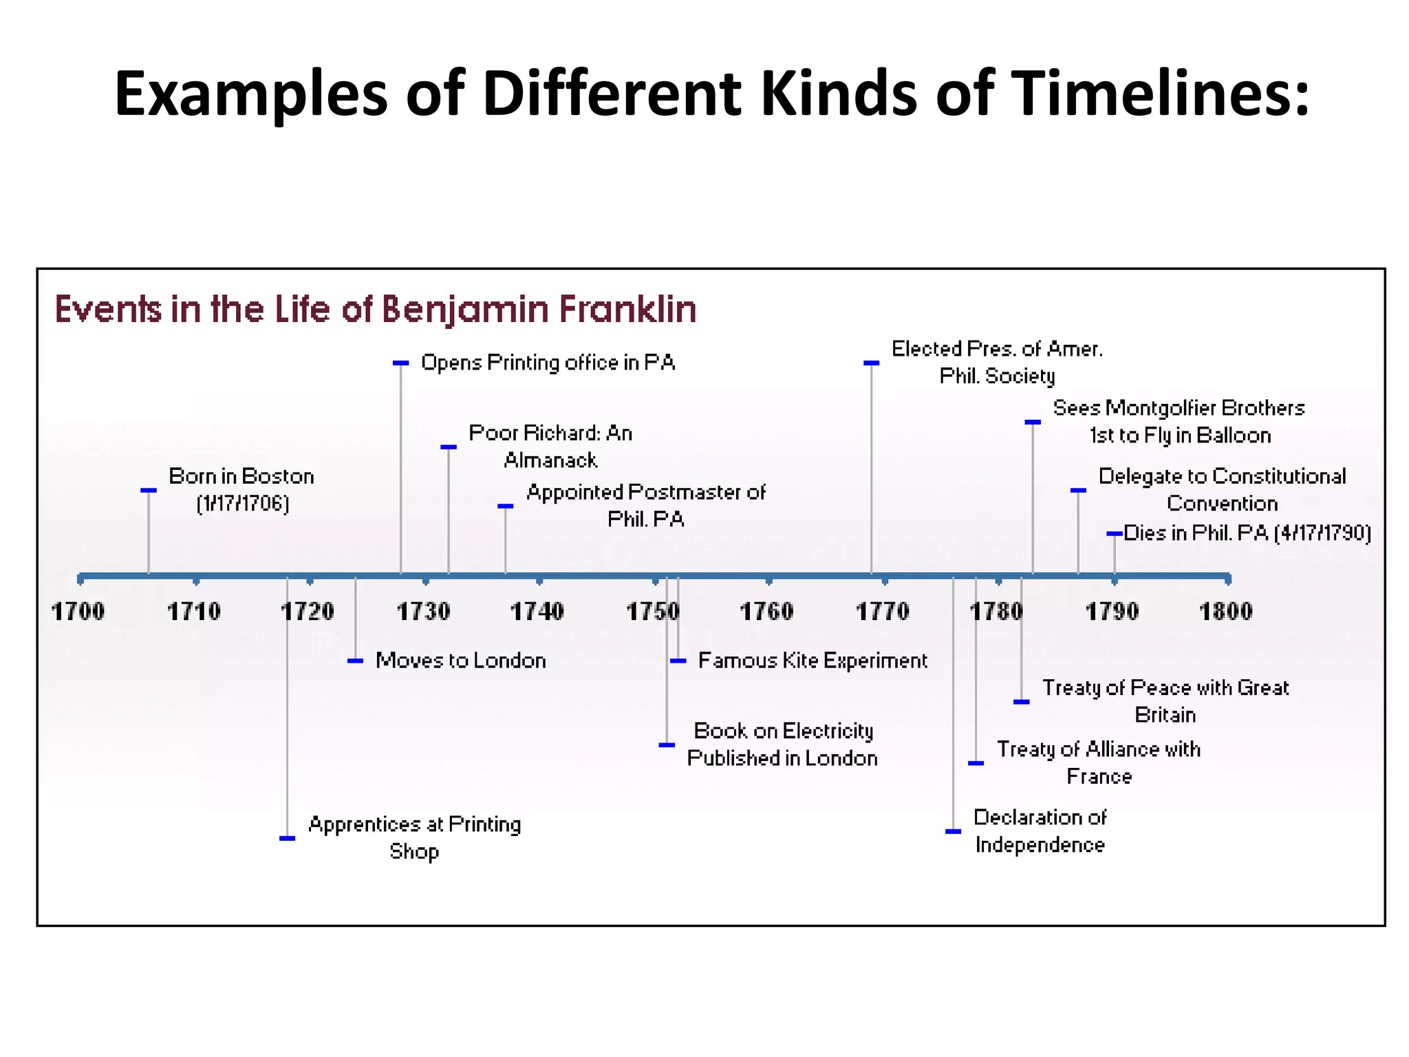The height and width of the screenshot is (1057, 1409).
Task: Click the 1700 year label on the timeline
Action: click(78, 611)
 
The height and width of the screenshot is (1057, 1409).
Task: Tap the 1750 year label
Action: click(652, 611)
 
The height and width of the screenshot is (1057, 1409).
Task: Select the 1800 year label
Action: click(1225, 611)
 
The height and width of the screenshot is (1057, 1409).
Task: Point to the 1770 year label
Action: click(882, 611)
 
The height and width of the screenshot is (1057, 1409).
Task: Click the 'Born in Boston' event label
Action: click(241, 489)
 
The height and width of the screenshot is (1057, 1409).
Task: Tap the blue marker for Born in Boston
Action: click(149, 491)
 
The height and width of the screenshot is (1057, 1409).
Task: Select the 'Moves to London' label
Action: click(460, 661)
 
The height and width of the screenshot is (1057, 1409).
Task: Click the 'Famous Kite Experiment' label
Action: click(813, 661)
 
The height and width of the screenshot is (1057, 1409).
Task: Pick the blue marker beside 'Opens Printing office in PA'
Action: click(401, 363)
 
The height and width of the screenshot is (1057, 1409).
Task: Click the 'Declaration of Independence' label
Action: click(1040, 831)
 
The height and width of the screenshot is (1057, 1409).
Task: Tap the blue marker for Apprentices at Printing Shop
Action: click(288, 838)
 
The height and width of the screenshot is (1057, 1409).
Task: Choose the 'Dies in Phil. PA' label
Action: click(1247, 533)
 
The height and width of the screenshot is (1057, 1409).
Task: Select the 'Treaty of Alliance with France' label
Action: click(1099, 762)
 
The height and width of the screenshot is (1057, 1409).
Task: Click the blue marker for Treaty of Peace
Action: click(1022, 702)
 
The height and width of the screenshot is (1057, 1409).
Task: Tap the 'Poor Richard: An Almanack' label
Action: click(550, 446)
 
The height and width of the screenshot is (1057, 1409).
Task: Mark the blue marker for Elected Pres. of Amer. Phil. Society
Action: click(872, 363)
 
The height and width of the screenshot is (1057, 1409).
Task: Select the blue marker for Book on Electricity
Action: click(667, 745)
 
